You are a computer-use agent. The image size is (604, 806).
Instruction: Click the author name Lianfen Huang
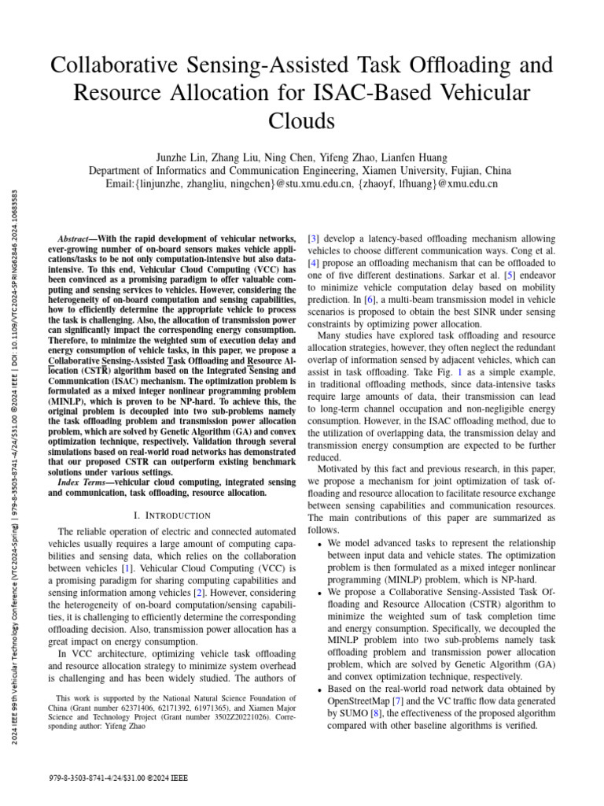click(397, 157)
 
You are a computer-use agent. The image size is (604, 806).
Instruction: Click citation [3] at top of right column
click(313, 238)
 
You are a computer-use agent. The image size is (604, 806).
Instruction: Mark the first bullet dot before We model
click(319, 545)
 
